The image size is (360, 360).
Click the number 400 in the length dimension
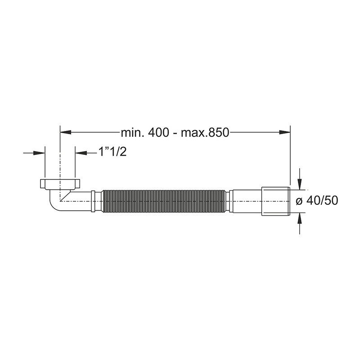pyautogui.click(x=158, y=132)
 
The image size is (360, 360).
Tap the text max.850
pyautogui.click(x=205, y=132)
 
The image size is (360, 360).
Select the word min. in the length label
pyautogui.click(x=132, y=132)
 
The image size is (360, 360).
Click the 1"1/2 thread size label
pyautogui.click(x=112, y=152)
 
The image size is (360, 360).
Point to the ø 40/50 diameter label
pyautogui.click(x=317, y=200)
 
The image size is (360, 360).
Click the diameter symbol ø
pyautogui.click(x=299, y=201)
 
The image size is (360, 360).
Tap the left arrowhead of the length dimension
pyautogui.click(x=65, y=132)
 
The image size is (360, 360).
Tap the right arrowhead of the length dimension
pyautogui.click(x=285, y=132)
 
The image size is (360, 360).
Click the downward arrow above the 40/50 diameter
pyautogui.click(x=299, y=179)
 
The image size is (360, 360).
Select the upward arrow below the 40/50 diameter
pyautogui.click(x=299, y=223)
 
